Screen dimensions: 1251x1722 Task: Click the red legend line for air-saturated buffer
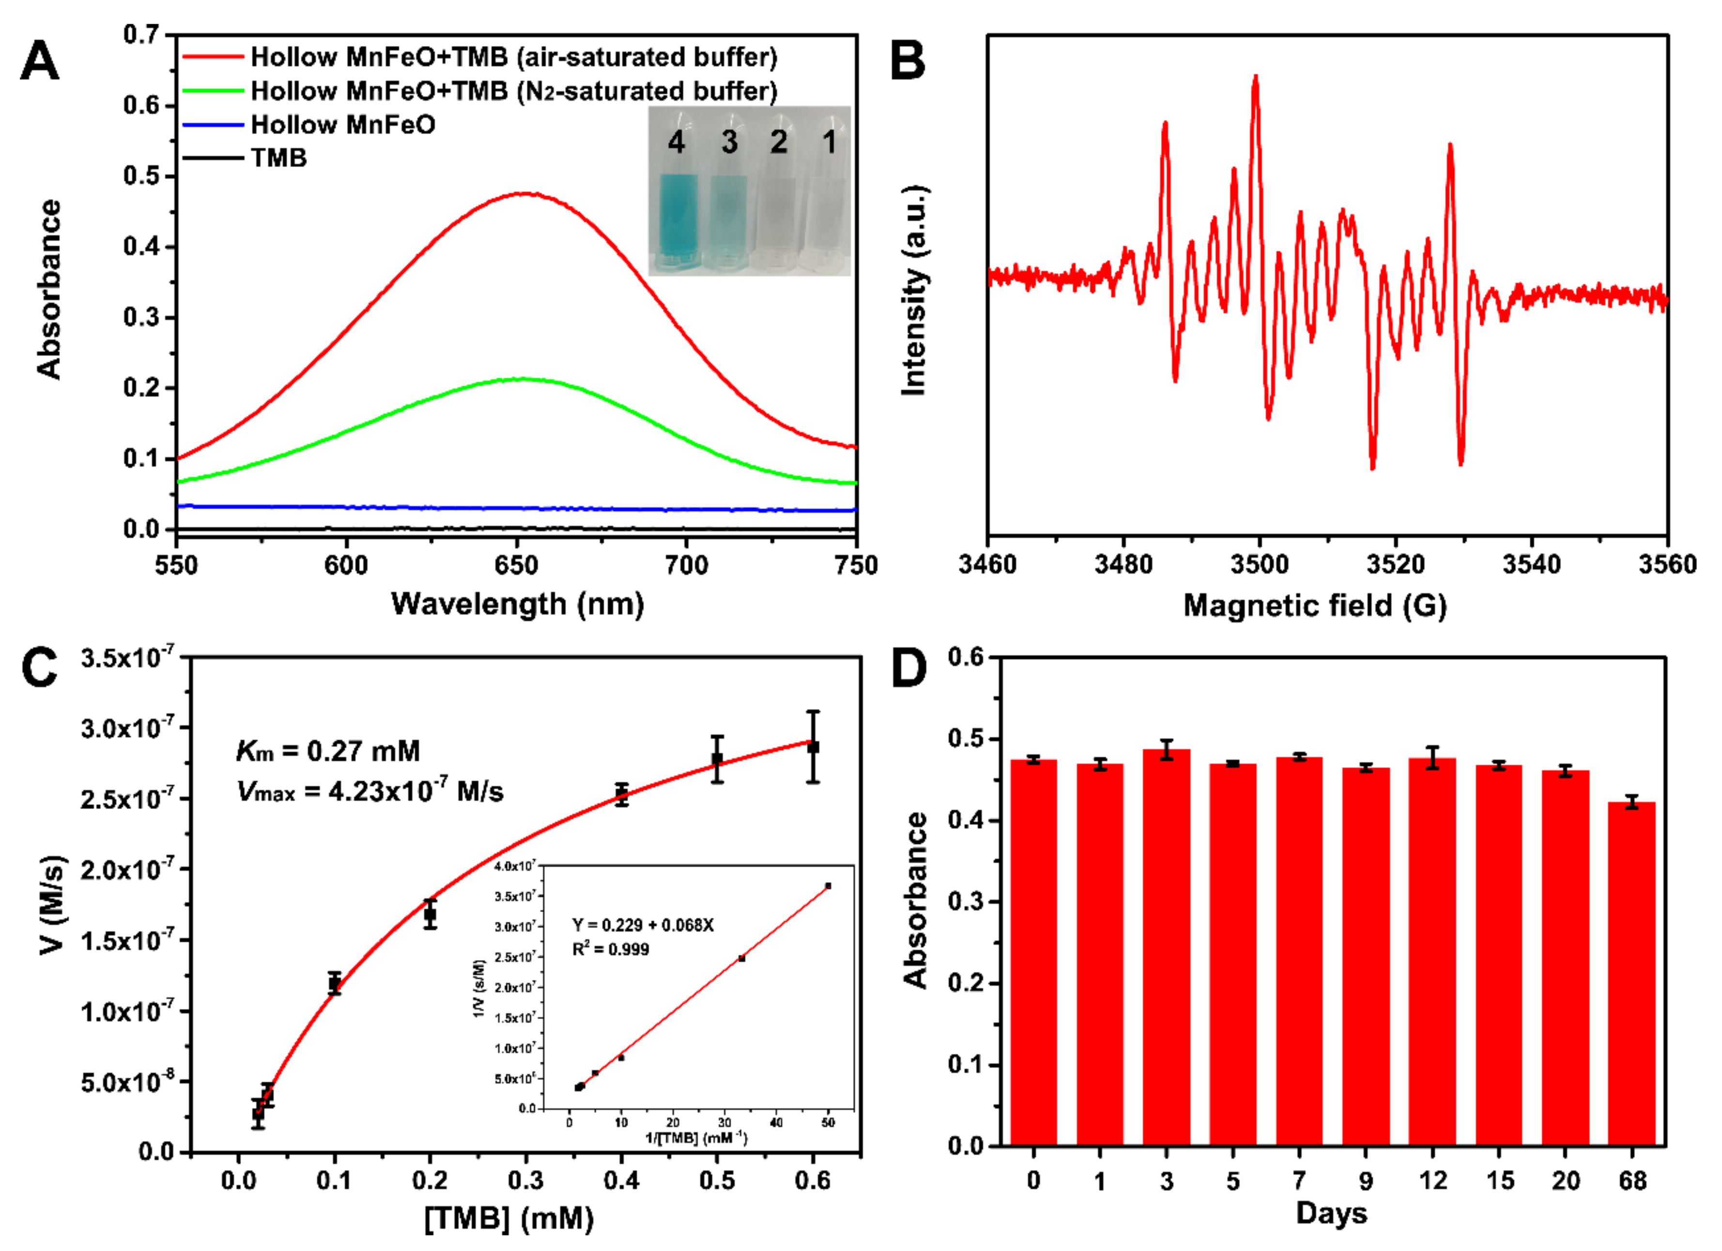pos(214,57)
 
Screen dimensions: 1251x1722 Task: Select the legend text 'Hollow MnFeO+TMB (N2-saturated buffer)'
pos(514,91)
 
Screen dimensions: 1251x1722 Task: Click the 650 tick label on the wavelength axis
pos(516,565)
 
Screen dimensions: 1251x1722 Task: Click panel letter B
pos(907,61)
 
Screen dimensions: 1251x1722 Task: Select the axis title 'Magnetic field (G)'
pos(1315,606)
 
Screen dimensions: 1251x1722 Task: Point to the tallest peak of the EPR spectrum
pos(1256,76)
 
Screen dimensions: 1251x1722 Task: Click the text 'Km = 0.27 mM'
pos(328,751)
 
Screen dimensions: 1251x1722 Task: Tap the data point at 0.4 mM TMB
pos(622,795)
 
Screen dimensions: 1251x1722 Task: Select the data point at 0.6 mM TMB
pos(813,748)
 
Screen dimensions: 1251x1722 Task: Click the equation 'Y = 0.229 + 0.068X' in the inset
pos(642,925)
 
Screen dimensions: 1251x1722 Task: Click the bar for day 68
pos(1631,976)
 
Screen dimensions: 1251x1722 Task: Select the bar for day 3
pos(1166,949)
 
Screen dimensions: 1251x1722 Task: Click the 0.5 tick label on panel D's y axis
pos(965,739)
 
